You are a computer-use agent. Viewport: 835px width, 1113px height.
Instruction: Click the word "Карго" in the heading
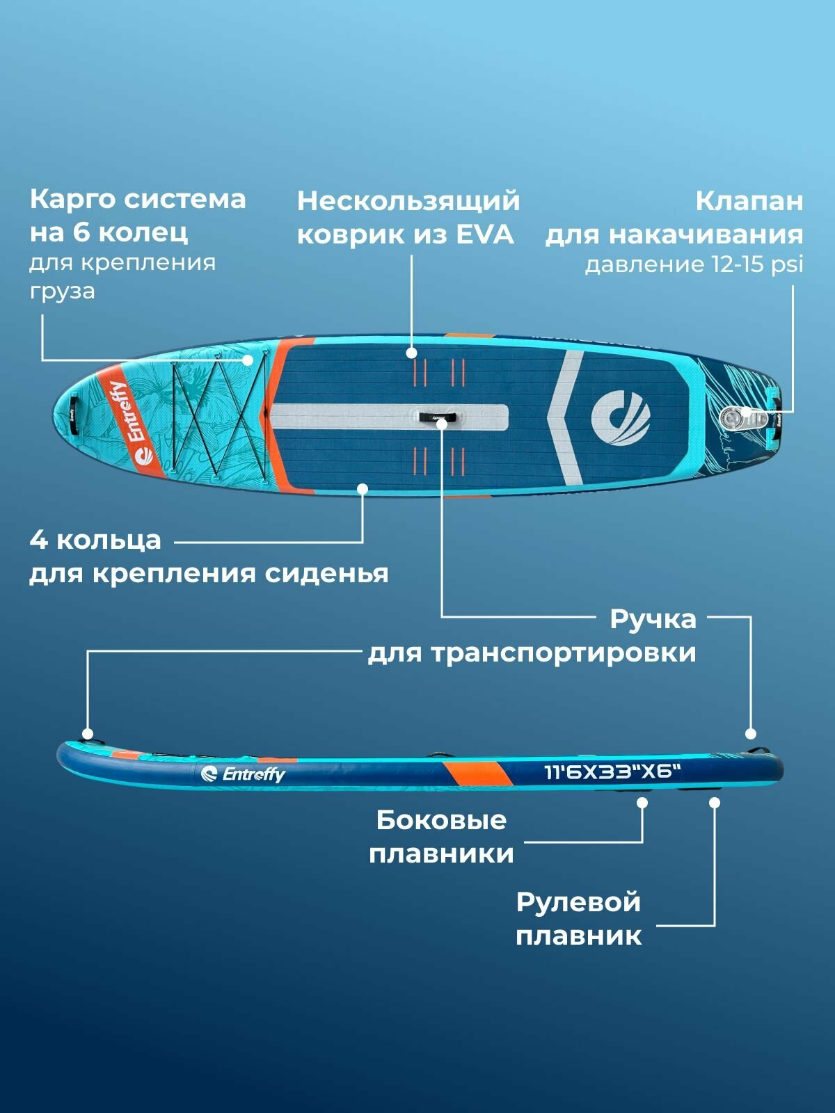[x=71, y=200]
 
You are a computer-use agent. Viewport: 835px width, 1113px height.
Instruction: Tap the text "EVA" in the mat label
[x=485, y=234]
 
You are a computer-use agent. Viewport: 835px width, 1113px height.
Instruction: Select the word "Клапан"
[x=749, y=202]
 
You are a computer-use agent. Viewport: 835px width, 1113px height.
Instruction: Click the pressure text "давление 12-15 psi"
[x=694, y=265]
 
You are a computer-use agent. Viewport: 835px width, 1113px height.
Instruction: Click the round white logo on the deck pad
[x=620, y=418]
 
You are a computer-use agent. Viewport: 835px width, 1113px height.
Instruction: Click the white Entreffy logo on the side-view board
[x=243, y=774]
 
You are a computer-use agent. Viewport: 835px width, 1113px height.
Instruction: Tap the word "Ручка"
[x=653, y=619]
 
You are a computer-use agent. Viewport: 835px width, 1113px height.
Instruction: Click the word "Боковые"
[x=441, y=820]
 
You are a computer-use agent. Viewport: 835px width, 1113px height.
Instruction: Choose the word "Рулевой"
[x=578, y=902]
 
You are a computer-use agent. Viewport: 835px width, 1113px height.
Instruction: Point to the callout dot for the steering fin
[x=714, y=803]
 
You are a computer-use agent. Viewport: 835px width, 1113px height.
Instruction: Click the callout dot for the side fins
[x=642, y=803]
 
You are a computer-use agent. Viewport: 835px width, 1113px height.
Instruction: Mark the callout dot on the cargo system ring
[x=248, y=360]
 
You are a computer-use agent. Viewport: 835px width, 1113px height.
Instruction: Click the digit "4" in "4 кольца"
[x=38, y=540]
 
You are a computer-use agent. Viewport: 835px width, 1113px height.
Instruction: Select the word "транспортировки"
[x=563, y=653]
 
